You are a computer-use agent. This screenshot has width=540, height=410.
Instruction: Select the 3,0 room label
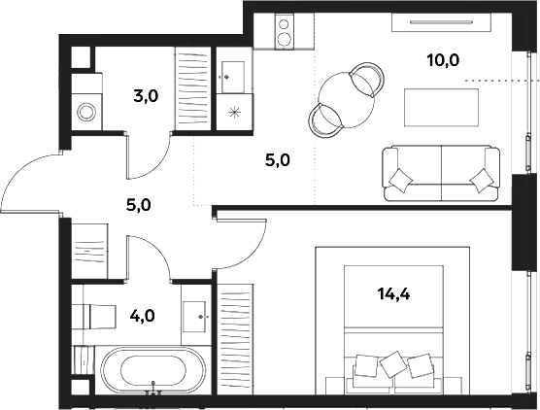pyautogui.click(x=146, y=95)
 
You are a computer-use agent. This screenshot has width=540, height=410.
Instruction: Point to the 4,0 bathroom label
pyautogui.click(x=142, y=315)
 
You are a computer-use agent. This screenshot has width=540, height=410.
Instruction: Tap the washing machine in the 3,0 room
pyautogui.click(x=86, y=110)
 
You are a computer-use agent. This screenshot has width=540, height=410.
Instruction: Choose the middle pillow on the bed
pyautogui.click(x=393, y=363)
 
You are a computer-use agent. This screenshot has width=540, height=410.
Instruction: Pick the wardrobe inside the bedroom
pyautogui.click(x=234, y=331)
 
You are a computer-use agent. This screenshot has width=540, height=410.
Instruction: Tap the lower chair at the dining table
pyautogui.click(x=325, y=120)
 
